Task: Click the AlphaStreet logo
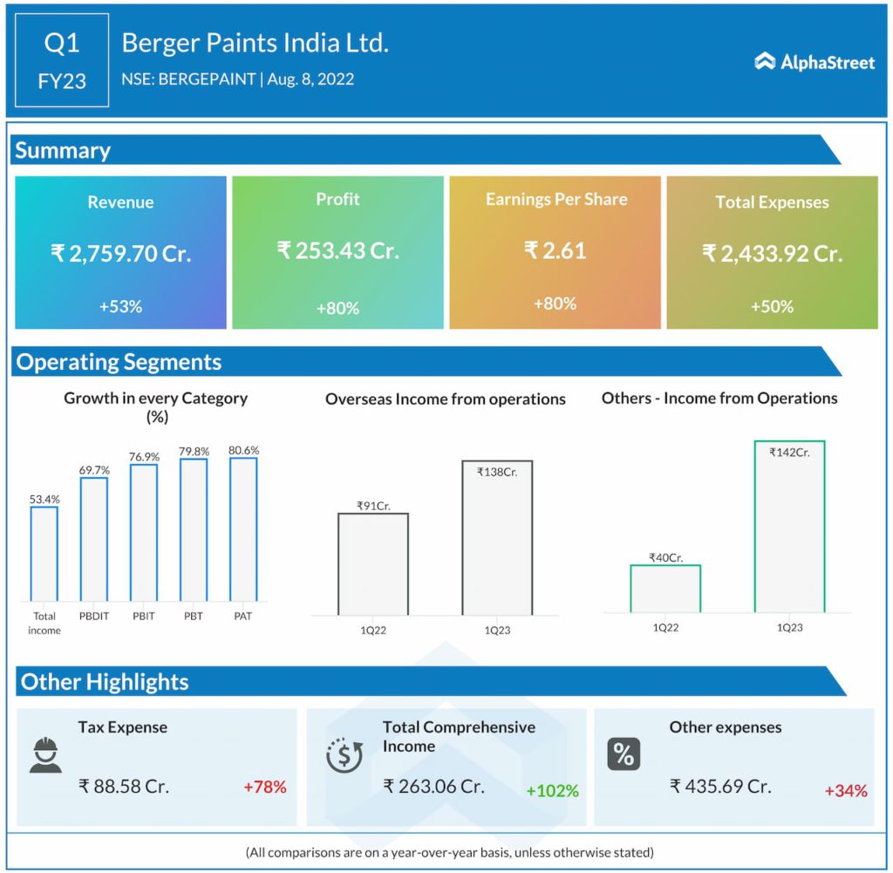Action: point(815,61)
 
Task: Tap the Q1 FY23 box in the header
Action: point(62,60)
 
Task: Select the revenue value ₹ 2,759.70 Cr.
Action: point(120,254)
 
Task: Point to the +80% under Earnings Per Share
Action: point(555,304)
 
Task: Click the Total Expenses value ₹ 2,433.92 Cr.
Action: point(772,254)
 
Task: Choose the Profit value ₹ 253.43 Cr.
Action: point(337,251)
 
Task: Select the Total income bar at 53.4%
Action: point(44,553)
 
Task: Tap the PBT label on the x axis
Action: point(194,616)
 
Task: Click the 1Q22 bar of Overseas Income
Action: point(372,563)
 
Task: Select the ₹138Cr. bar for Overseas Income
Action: point(497,537)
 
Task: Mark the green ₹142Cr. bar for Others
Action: point(789,527)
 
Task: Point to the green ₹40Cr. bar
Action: point(665,589)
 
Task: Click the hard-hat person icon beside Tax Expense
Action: point(45,755)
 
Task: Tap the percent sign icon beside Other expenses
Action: point(624,754)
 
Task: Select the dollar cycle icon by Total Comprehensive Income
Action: point(344,755)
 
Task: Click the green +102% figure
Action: point(552,791)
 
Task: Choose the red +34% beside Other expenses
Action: point(846,791)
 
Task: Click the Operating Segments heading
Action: point(119,362)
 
